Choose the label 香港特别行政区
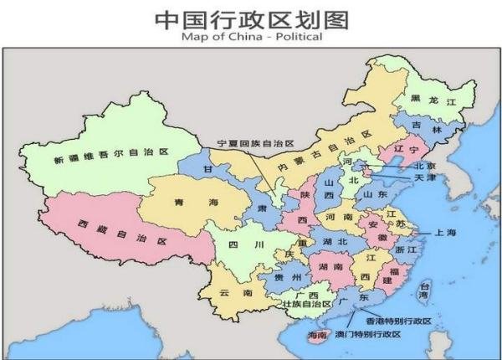click(398, 321)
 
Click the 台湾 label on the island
click(423, 291)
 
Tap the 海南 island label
click(316, 335)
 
